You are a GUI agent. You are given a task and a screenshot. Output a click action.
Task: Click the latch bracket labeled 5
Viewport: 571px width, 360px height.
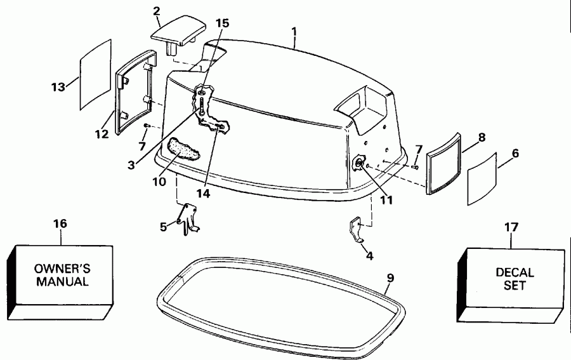click(188, 218)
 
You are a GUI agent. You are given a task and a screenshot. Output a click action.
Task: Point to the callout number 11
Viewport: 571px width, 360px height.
click(386, 201)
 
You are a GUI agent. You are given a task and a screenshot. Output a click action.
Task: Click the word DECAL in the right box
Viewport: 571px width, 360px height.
click(515, 272)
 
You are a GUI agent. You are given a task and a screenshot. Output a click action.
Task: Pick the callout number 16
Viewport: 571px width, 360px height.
click(60, 224)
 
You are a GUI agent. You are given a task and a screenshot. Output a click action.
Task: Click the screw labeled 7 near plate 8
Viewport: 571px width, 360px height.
click(414, 167)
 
